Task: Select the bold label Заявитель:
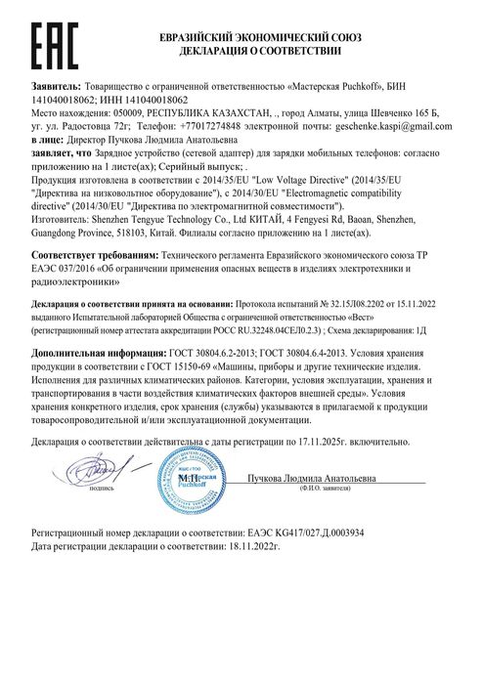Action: click(58, 87)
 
